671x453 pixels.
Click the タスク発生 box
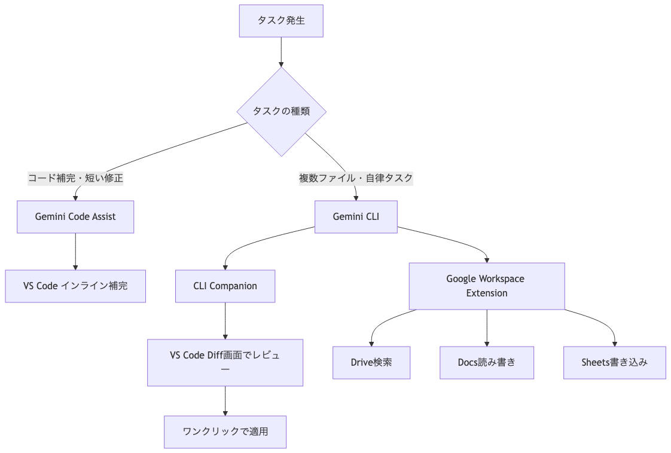[281, 21]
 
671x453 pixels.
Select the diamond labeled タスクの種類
[281, 112]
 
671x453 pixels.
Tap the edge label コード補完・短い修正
[75, 178]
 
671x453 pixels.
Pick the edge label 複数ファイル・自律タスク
[356, 178]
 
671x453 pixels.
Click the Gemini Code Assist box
[75, 216]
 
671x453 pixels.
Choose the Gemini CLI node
[356, 216]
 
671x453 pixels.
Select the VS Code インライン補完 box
[75, 286]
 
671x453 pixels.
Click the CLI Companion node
[225, 286]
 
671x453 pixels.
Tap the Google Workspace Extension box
[486, 286]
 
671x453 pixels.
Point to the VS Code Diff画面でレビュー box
[225, 362]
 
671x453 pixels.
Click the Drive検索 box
[371, 362]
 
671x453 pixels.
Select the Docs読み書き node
[486, 362]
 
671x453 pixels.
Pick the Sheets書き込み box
[614, 362]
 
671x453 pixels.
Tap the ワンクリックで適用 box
[225, 431]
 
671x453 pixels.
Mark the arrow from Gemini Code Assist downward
[75, 251]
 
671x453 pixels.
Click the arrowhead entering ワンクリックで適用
[225, 412]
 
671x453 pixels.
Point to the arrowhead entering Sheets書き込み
[615, 343]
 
